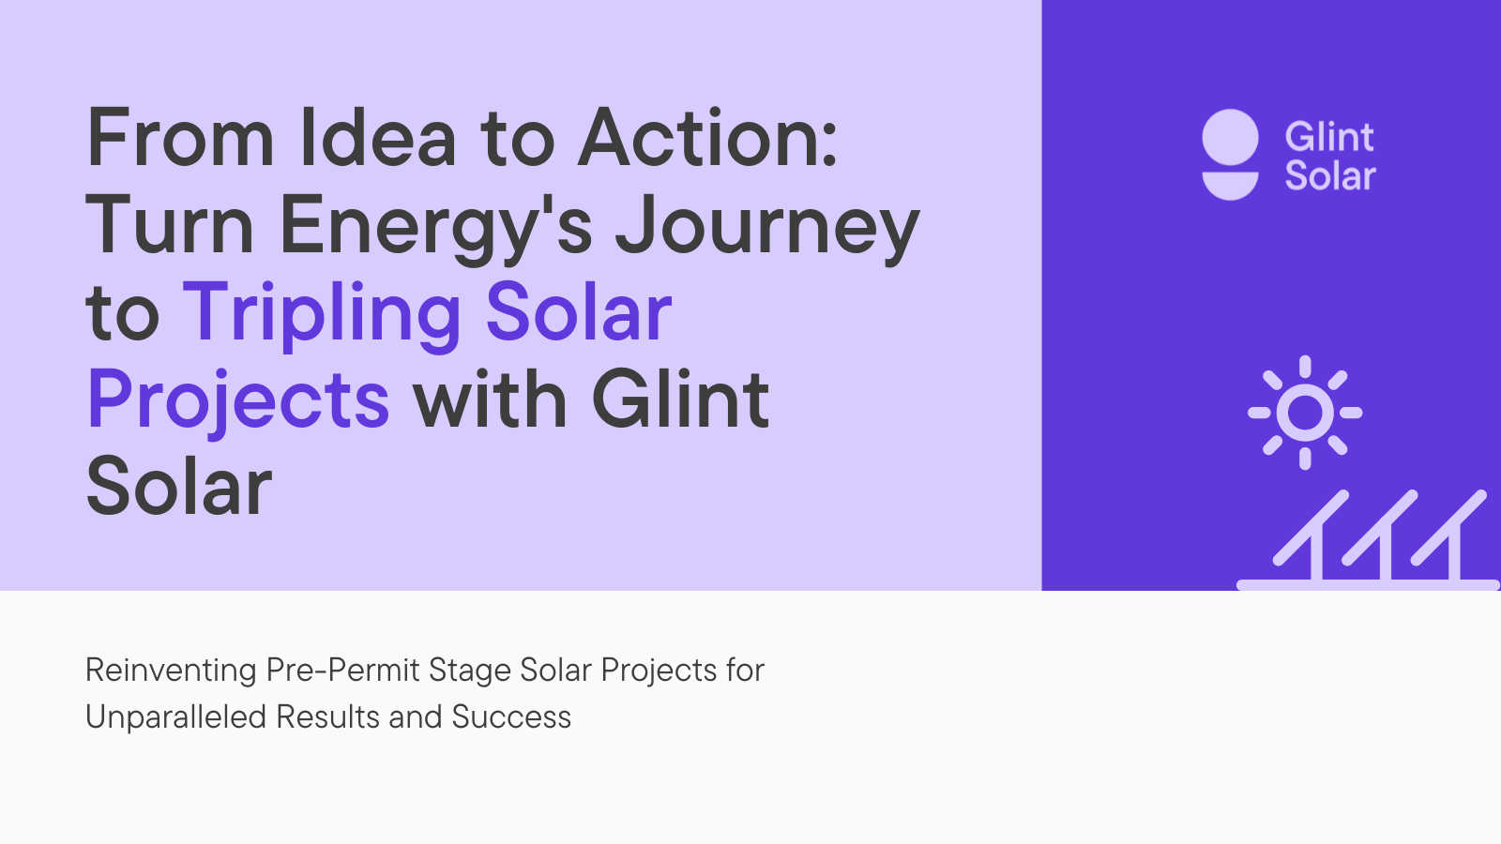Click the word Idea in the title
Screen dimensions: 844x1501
(x=378, y=139)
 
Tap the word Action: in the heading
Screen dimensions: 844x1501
(x=707, y=139)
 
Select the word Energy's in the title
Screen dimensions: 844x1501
(x=435, y=227)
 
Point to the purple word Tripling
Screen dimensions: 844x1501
(x=322, y=314)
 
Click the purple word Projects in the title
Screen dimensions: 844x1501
(x=238, y=400)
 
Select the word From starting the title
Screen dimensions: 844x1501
(x=180, y=139)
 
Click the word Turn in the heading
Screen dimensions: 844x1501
(x=170, y=227)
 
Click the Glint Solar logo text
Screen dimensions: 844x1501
(x=1329, y=157)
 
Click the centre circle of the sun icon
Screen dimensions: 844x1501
(x=1305, y=413)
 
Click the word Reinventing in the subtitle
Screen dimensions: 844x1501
(x=171, y=671)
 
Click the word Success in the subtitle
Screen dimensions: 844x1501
(x=511, y=717)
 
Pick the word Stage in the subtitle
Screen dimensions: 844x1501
(x=469, y=671)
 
